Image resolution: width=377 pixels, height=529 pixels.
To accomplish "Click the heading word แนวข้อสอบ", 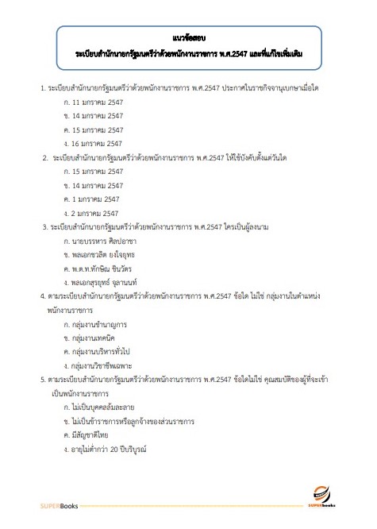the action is click(187, 37).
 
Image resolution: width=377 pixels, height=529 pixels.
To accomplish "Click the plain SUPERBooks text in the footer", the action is click(60, 506).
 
